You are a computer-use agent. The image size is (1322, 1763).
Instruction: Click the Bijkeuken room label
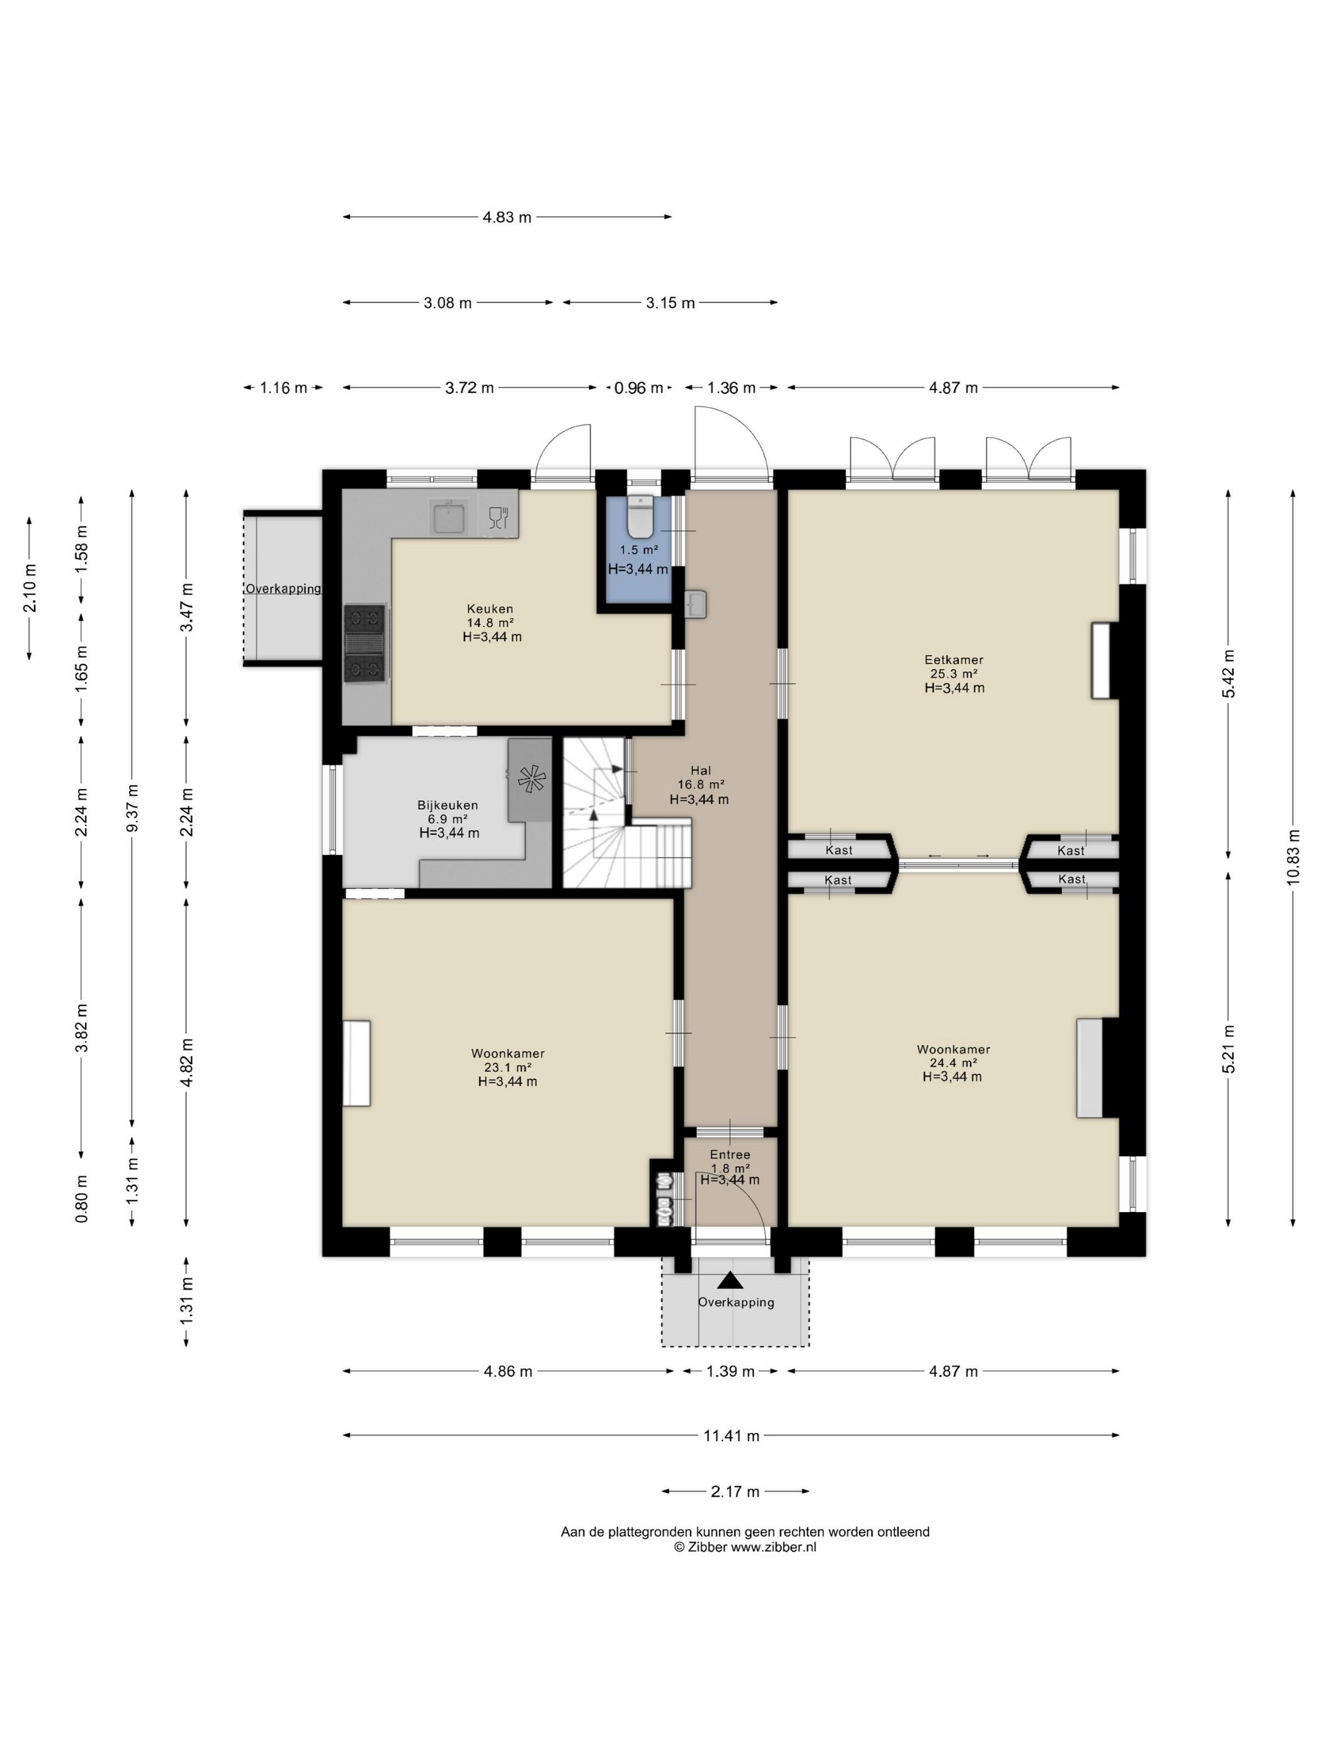click(x=447, y=805)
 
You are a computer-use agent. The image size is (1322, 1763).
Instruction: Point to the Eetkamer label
click(x=953, y=659)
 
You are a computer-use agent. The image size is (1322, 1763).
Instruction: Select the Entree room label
click(x=730, y=1154)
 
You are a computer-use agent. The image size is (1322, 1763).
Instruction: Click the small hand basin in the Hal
click(x=696, y=603)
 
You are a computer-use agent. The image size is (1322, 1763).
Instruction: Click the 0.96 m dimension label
click(x=638, y=388)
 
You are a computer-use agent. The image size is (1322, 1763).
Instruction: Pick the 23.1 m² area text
click(x=507, y=1067)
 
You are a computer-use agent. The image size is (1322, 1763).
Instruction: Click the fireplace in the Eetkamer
click(x=1100, y=660)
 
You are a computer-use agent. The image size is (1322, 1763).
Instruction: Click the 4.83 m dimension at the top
click(x=507, y=217)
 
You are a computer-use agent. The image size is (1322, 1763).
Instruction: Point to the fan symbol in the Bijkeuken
click(x=530, y=779)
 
